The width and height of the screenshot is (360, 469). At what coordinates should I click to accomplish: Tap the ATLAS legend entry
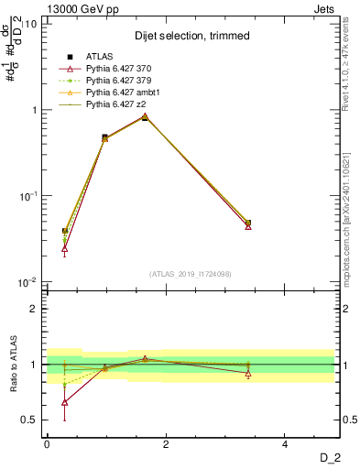tap(100, 58)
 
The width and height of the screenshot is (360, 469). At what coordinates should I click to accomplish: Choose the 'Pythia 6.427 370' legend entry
tap(118, 70)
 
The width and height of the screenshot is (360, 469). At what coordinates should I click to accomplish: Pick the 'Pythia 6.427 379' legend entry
tap(118, 82)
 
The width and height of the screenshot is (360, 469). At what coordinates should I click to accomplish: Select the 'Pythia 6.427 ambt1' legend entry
tap(121, 93)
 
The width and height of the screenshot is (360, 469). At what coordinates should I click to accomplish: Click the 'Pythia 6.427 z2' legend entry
tap(115, 104)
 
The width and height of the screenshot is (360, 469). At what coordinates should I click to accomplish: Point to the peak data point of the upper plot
tap(145, 117)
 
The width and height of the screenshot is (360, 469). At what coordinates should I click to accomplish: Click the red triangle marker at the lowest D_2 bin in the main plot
tap(65, 248)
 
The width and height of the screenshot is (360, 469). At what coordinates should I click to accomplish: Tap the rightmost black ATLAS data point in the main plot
tap(248, 223)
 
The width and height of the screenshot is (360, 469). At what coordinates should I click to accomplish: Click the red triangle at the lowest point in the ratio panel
tap(65, 402)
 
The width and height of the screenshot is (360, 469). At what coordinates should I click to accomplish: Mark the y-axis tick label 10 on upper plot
tap(31, 24)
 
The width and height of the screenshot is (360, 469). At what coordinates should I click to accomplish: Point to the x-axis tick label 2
tap(166, 444)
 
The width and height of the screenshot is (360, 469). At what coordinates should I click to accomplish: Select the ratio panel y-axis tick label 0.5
tap(30, 420)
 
